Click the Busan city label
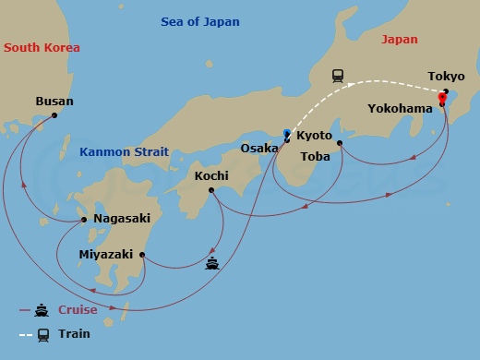point(54,102)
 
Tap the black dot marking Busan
point(54,115)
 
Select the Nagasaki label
point(124,220)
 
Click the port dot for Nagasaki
point(85,220)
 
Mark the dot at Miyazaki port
point(142,255)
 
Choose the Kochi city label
point(211,175)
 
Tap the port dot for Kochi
point(211,190)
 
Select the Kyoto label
point(314,136)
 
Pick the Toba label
point(316,156)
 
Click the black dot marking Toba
point(340,142)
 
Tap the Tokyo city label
point(446,77)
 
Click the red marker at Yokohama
point(442,98)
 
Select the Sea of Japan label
point(200,22)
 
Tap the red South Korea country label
point(42,48)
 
